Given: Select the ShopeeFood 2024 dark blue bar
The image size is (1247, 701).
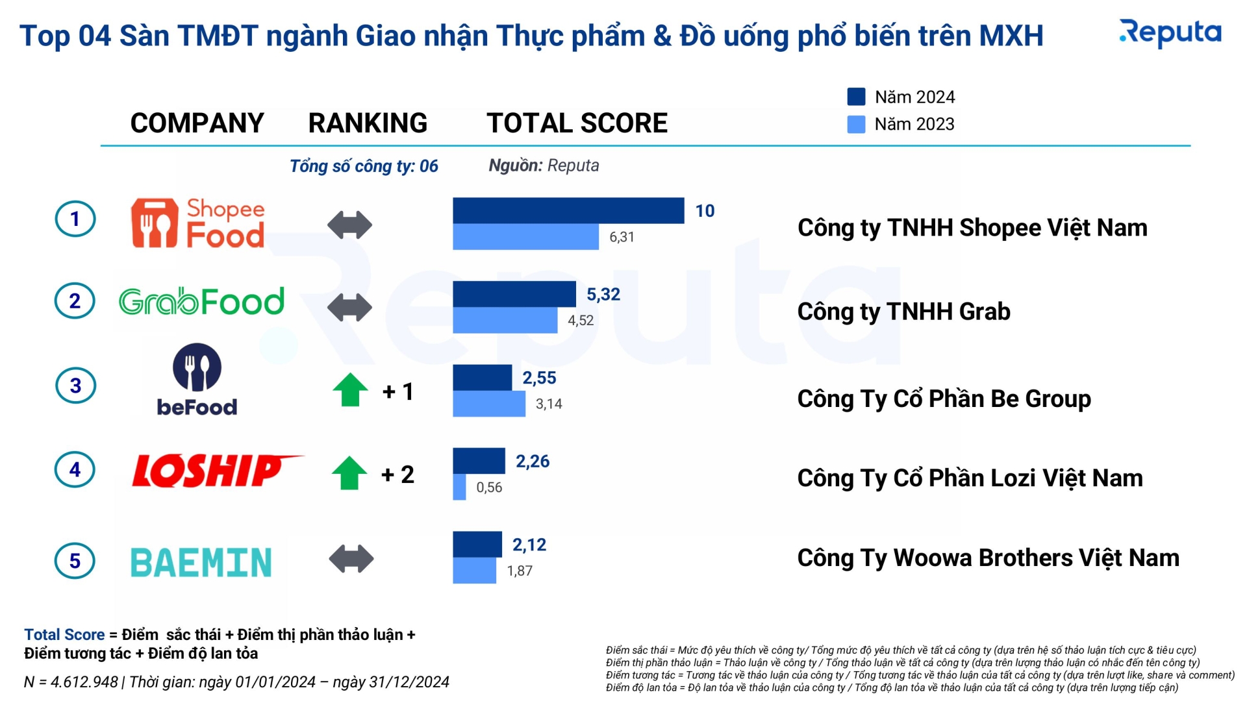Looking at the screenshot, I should click(568, 210).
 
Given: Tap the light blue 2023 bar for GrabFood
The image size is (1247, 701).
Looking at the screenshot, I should click(505, 320).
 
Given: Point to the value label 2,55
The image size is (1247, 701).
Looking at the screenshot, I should click(539, 378).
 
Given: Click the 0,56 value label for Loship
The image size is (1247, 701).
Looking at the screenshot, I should click(489, 487).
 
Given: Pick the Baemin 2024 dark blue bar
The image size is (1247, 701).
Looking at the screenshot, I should click(477, 544).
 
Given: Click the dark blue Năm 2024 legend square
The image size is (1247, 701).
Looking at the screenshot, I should click(856, 97).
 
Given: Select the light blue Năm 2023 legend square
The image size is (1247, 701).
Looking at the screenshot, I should click(856, 124).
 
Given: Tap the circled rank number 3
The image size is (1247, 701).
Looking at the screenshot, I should click(75, 386).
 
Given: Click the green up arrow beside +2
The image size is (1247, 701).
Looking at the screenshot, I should click(349, 473).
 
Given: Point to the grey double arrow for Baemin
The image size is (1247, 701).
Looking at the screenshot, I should click(351, 559).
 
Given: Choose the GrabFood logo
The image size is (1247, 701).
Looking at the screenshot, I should click(201, 302).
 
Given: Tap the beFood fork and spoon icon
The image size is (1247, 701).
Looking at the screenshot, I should click(197, 367).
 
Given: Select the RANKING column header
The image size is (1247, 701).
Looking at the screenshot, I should click(368, 123).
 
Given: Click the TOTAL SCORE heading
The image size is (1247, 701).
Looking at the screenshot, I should click(577, 123).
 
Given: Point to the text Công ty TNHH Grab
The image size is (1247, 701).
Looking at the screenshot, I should click(903, 312).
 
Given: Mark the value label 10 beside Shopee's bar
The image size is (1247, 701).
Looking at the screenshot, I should click(705, 211).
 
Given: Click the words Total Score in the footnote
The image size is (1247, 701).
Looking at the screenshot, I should click(64, 634).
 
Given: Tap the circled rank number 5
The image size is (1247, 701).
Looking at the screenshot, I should click(75, 561).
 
